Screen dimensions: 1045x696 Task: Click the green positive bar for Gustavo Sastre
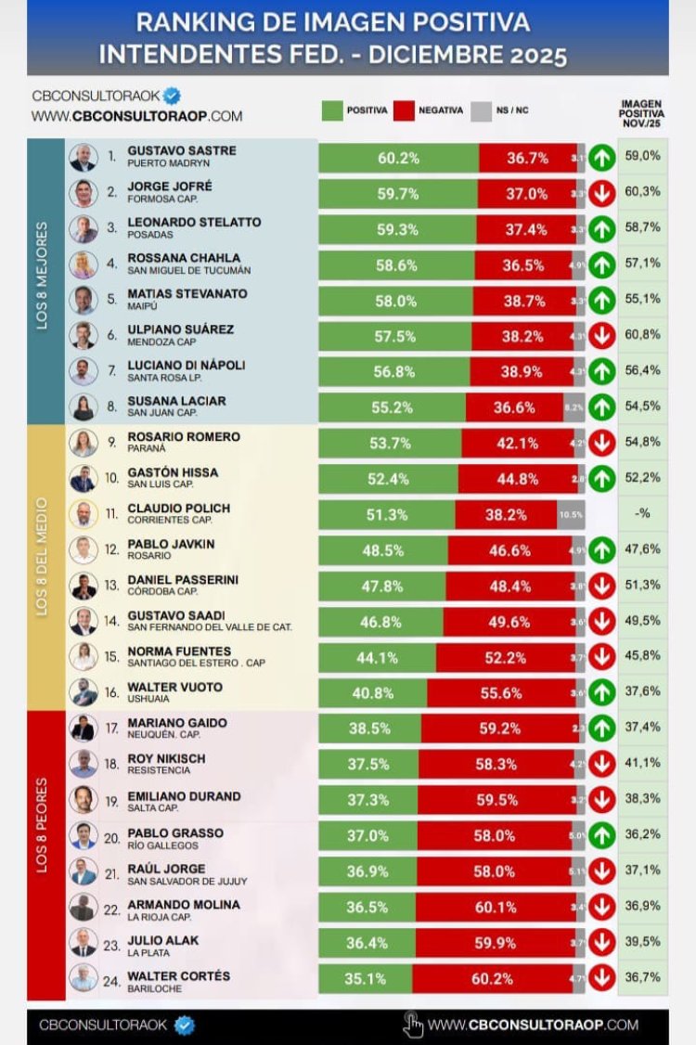(399, 159)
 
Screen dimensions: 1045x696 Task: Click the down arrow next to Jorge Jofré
(601, 194)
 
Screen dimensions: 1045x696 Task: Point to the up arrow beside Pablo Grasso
(601, 835)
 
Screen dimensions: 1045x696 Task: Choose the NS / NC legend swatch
(481, 110)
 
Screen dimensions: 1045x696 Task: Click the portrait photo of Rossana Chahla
(84, 264)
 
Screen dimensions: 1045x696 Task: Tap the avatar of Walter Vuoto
(84, 692)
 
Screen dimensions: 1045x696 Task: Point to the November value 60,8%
(643, 334)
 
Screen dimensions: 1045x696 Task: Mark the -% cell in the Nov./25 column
(643, 513)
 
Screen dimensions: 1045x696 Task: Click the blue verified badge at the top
(172, 96)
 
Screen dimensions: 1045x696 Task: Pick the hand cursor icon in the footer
(414, 1025)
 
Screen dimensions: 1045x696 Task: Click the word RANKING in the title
(188, 22)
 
